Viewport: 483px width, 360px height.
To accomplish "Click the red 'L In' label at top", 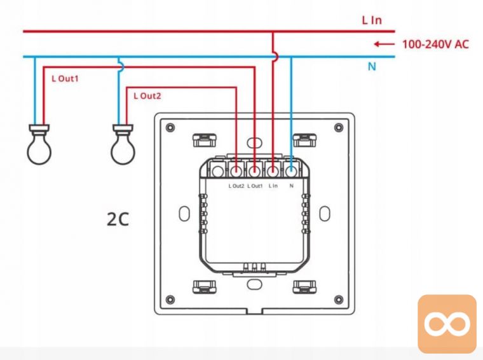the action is [x=372, y=20].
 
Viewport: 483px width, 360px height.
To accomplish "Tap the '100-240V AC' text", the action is [x=435, y=45].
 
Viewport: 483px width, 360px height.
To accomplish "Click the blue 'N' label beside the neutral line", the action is [x=372, y=66].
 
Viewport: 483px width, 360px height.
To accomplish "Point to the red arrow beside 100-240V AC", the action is [x=384, y=45].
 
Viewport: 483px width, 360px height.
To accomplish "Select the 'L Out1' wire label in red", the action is [x=65, y=79].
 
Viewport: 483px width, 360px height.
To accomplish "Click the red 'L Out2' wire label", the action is [x=147, y=96].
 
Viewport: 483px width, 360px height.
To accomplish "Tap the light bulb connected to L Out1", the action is [x=39, y=144].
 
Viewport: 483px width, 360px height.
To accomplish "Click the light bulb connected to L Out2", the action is [x=123, y=144].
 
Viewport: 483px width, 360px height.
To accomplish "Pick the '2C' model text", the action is [x=118, y=219].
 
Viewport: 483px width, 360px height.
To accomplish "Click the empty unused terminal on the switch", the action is [x=218, y=171].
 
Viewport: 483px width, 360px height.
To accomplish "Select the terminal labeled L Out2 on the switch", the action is [x=236, y=171].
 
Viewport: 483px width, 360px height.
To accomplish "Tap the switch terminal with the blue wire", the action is [x=291, y=171].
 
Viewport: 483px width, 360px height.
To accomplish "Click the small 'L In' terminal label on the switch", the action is [x=273, y=186].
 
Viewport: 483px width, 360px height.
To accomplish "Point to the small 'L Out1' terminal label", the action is [x=255, y=186].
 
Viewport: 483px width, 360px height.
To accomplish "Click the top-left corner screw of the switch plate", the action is [x=170, y=127].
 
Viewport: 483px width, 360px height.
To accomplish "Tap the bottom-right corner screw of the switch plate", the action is [x=339, y=300].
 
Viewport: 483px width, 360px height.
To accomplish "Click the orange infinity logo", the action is [x=447, y=324].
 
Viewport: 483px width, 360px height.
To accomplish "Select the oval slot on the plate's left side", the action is [x=184, y=213].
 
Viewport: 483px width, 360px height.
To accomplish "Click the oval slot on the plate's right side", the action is [x=325, y=213].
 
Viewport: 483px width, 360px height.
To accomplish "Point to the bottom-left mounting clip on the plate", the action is [x=204, y=287].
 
